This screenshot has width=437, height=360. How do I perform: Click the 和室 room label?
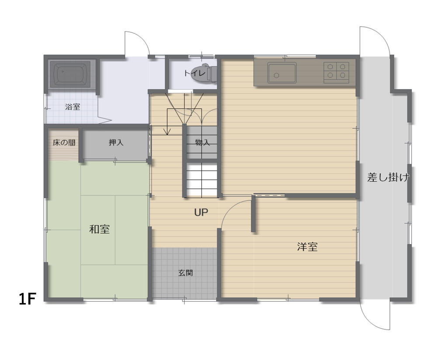(99, 229)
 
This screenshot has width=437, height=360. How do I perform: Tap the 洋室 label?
(307, 247)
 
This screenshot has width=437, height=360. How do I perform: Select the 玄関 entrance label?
(186, 273)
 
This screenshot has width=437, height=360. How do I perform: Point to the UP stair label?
(201, 213)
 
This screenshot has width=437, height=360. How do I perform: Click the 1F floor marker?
(27, 299)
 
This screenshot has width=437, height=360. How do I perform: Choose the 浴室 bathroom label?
(73, 107)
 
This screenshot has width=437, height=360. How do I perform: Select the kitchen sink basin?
(282, 73)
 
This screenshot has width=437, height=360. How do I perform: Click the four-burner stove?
(336, 73)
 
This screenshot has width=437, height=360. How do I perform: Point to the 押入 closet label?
(116, 143)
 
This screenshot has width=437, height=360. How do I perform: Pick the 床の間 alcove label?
(64, 143)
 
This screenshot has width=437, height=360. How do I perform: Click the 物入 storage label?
(202, 143)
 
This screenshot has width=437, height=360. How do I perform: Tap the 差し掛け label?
(388, 177)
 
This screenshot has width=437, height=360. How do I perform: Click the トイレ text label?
(195, 73)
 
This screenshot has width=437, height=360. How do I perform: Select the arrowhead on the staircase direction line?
(167, 132)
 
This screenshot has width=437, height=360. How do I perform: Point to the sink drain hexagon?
(277, 75)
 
